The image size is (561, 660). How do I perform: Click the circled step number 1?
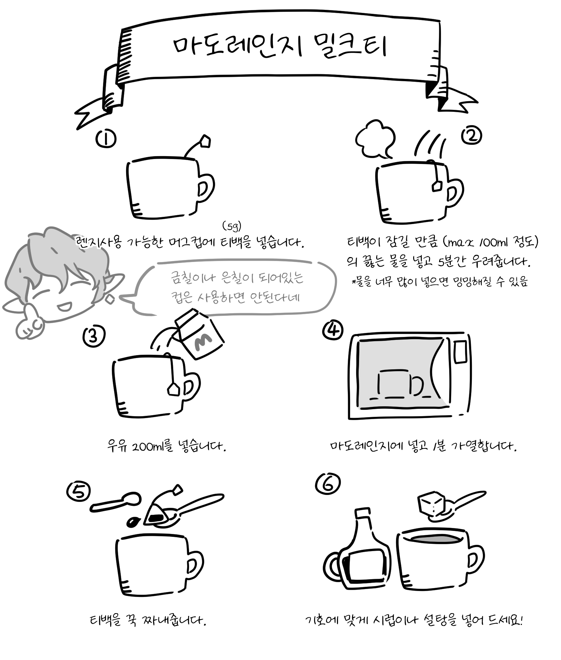coord(106,139)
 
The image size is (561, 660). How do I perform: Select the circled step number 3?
coord(94,336)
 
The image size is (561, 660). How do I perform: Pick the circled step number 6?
coord(328,484)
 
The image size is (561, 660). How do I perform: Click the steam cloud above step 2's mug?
coord(376,140)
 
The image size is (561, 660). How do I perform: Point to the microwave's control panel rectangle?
coord(460,352)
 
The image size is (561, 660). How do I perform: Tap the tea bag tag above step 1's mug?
coord(205,141)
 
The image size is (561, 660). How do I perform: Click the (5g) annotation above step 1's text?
coord(232,226)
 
